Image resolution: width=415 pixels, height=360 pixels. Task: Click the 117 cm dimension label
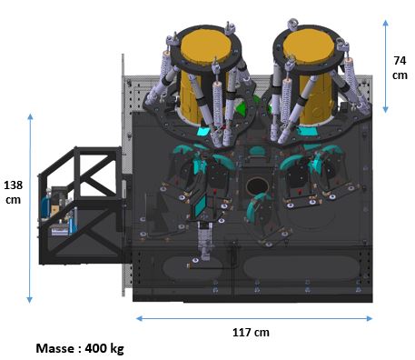[x=251, y=333]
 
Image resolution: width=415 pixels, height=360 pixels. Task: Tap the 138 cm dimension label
[x=14, y=192]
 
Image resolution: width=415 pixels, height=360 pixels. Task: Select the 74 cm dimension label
[x=400, y=67]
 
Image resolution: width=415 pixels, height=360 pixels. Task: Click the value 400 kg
[x=104, y=348]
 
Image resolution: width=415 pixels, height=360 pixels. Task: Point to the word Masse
[x=55, y=348]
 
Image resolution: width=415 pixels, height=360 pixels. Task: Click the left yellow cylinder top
[x=206, y=45]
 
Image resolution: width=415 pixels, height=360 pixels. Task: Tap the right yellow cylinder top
[x=309, y=45]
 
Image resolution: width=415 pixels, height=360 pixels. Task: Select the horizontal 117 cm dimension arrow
[x=254, y=318]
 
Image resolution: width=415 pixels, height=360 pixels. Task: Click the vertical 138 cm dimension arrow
[x=30, y=208]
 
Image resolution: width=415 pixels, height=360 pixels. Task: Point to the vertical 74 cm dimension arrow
[x=385, y=66]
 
